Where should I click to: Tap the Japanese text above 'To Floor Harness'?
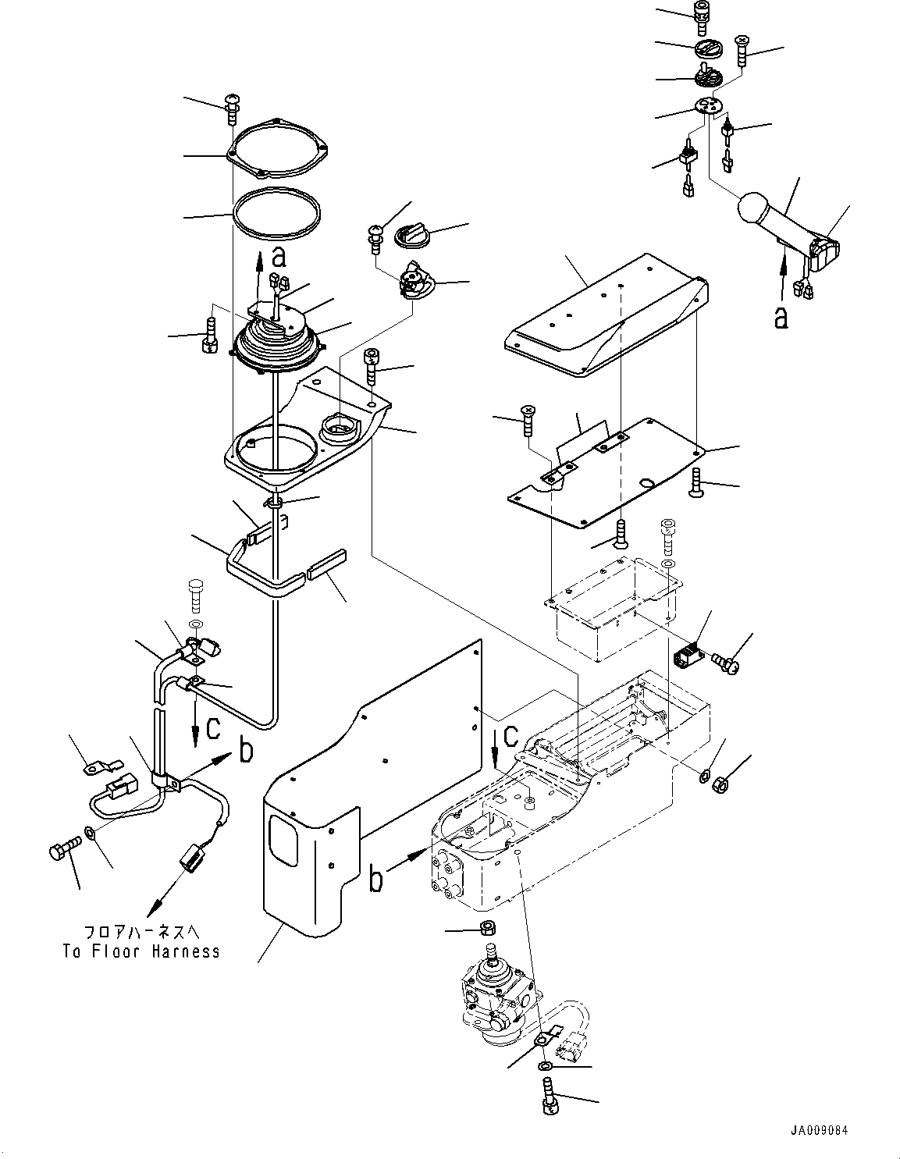[x=141, y=933]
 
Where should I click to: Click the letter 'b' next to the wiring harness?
[x=246, y=752]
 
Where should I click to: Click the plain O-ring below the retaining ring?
[x=276, y=214]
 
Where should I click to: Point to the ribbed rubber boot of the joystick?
[x=273, y=347]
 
